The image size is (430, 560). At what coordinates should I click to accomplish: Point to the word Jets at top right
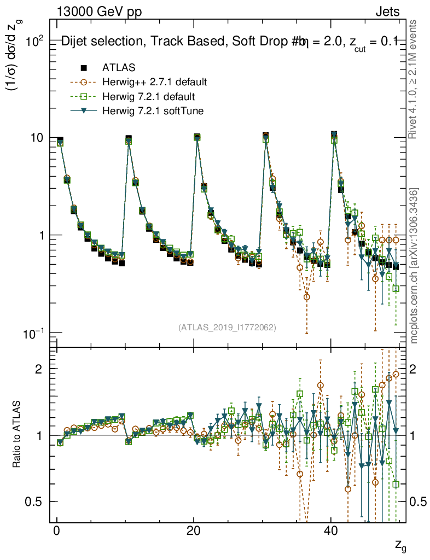click(388, 11)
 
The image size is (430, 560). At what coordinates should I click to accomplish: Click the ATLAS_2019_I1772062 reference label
click(227, 328)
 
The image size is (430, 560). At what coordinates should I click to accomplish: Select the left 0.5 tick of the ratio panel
click(36, 501)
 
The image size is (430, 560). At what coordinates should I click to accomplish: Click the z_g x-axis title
click(399, 546)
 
